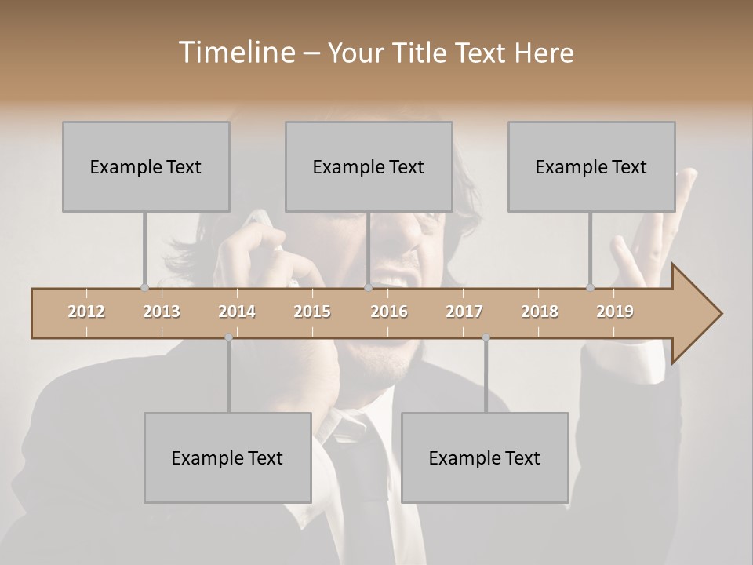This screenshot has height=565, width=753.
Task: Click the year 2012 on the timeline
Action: (x=86, y=312)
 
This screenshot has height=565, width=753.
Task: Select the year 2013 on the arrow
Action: (x=162, y=312)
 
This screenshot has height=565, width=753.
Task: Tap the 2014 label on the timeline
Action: (x=237, y=312)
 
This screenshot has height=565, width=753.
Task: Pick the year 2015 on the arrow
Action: (x=312, y=312)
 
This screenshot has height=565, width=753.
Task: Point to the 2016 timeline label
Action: (x=389, y=312)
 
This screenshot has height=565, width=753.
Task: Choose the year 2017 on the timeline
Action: (x=464, y=312)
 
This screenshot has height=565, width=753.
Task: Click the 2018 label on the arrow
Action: (x=540, y=312)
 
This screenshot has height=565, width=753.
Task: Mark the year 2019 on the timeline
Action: (x=615, y=312)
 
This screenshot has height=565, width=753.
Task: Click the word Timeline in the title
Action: (x=235, y=53)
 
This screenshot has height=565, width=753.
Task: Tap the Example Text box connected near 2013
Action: (x=146, y=166)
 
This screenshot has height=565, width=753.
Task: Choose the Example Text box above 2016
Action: (x=369, y=166)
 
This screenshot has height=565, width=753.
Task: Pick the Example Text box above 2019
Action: (x=591, y=166)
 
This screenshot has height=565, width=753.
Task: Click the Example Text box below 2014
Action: (x=227, y=457)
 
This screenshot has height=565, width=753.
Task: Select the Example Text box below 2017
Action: (x=485, y=457)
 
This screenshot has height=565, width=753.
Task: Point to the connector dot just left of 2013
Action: (x=144, y=287)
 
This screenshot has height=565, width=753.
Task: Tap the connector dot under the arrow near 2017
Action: (x=486, y=337)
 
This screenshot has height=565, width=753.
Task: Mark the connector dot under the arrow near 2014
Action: (x=228, y=337)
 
